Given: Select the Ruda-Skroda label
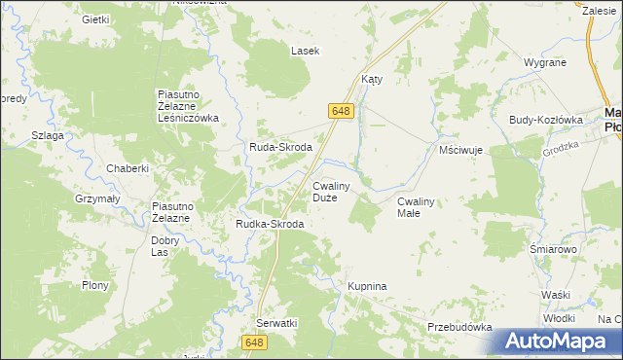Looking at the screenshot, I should pyautogui.click(x=280, y=147).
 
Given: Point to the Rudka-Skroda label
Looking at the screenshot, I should pyautogui.click(x=270, y=224).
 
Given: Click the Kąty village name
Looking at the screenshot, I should pyautogui.click(x=371, y=80).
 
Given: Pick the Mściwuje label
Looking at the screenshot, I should pyautogui.click(x=461, y=152).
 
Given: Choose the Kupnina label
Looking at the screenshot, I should pyautogui.click(x=368, y=287).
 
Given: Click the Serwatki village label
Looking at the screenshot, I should pyautogui.click(x=276, y=322).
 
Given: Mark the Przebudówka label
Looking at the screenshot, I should pyautogui.click(x=459, y=328).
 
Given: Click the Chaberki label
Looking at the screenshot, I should pyautogui.click(x=129, y=168).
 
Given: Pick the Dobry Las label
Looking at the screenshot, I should pyautogui.click(x=165, y=245).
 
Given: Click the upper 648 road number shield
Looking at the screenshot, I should pyautogui.click(x=340, y=111).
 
